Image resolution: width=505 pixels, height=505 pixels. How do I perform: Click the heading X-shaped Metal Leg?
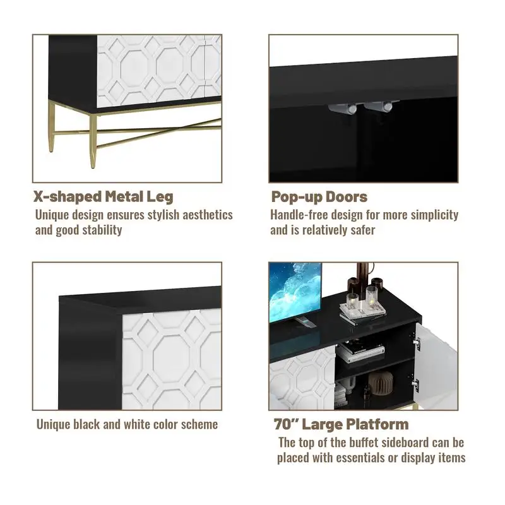click(x=103, y=196)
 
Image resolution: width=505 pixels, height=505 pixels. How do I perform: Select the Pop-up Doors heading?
click(x=319, y=196)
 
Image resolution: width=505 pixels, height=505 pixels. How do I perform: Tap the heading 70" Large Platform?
click(x=341, y=424)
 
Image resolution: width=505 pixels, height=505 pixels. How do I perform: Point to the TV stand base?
click(x=306, y=322)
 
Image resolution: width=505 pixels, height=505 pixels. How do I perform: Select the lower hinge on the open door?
click(x=415, y=383)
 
